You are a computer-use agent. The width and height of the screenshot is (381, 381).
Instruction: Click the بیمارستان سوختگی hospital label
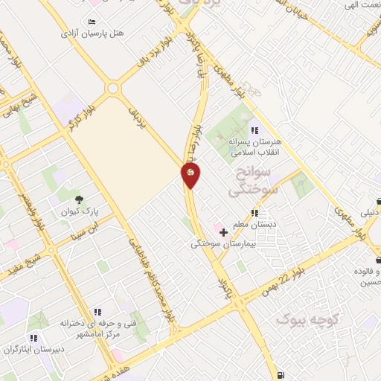[x=223, y=243]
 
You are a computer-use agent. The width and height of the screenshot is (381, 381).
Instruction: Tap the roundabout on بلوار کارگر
[x=113, y=88]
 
